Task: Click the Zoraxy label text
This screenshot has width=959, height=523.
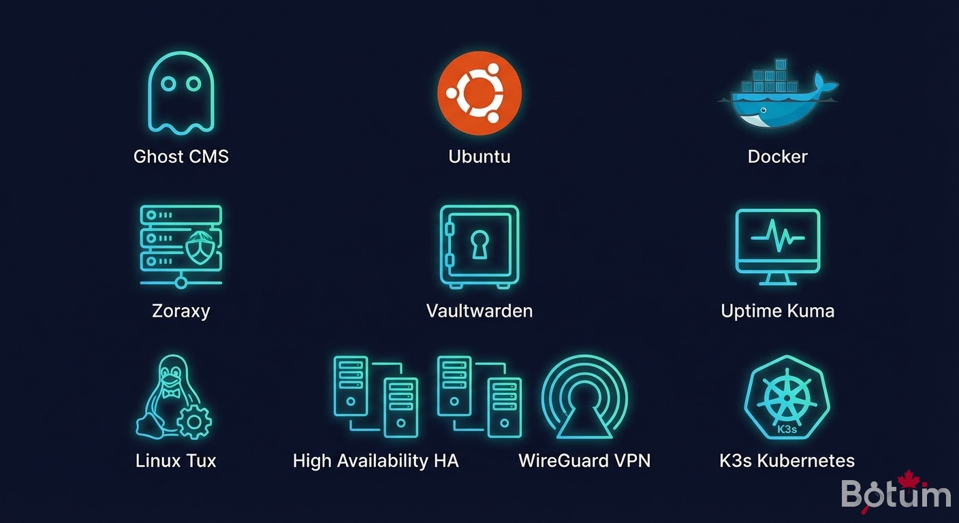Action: [180, 311]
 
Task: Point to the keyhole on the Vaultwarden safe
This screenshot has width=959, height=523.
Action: [479, 243]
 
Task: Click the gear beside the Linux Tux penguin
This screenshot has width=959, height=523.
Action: [194, 422]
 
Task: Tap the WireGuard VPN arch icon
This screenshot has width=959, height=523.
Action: [584, 399]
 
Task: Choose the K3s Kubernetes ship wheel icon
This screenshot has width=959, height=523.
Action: [787, 398]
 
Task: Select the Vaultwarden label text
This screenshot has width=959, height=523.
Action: [479, 311]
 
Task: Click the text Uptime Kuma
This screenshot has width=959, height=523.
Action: [777, 311]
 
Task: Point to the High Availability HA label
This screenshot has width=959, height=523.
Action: [375, 461]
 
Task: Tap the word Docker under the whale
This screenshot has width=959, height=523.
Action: [777, 157]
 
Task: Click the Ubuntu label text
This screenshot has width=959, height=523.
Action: [479, 157]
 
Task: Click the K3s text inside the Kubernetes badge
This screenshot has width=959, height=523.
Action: [787, 430]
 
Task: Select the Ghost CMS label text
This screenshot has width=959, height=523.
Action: [180, 157]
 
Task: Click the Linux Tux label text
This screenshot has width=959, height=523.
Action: [176, 461]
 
